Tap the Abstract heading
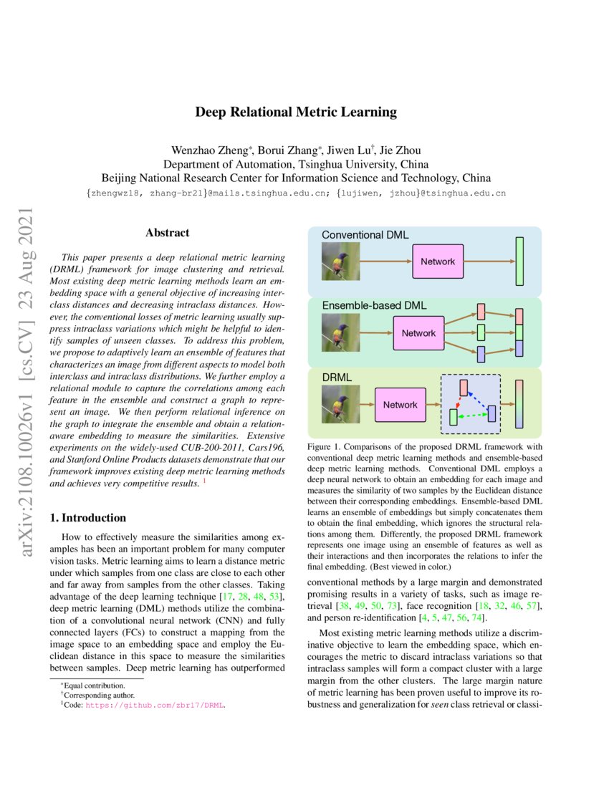[167, 233]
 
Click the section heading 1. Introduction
[90, 518]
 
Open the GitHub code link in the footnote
[155, 705]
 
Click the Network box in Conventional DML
[437, 261]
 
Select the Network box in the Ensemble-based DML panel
[418, 333]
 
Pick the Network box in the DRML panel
[400, 405]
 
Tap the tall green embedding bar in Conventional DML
[519, 261]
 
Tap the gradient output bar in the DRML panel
[519, 405]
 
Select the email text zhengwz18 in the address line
[114, 193]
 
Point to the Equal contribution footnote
[93, 686]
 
